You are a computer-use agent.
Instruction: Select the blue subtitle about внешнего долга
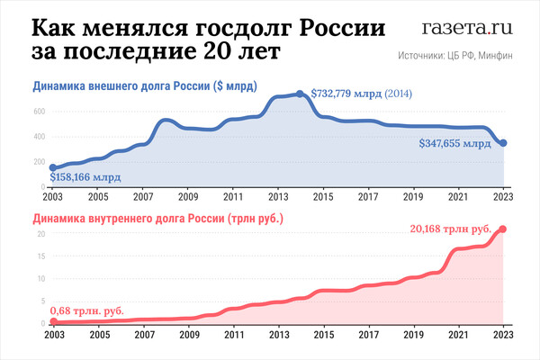145,87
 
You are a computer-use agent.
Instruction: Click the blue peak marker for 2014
301,94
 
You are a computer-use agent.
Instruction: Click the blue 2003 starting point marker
53,168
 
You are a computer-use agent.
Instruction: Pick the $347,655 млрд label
455,143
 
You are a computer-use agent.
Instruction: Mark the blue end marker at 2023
504,143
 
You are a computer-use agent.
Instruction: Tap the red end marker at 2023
504,229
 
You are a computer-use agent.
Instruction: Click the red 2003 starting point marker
53,321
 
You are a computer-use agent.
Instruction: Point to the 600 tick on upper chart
39,111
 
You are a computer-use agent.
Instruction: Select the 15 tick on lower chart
40,256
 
